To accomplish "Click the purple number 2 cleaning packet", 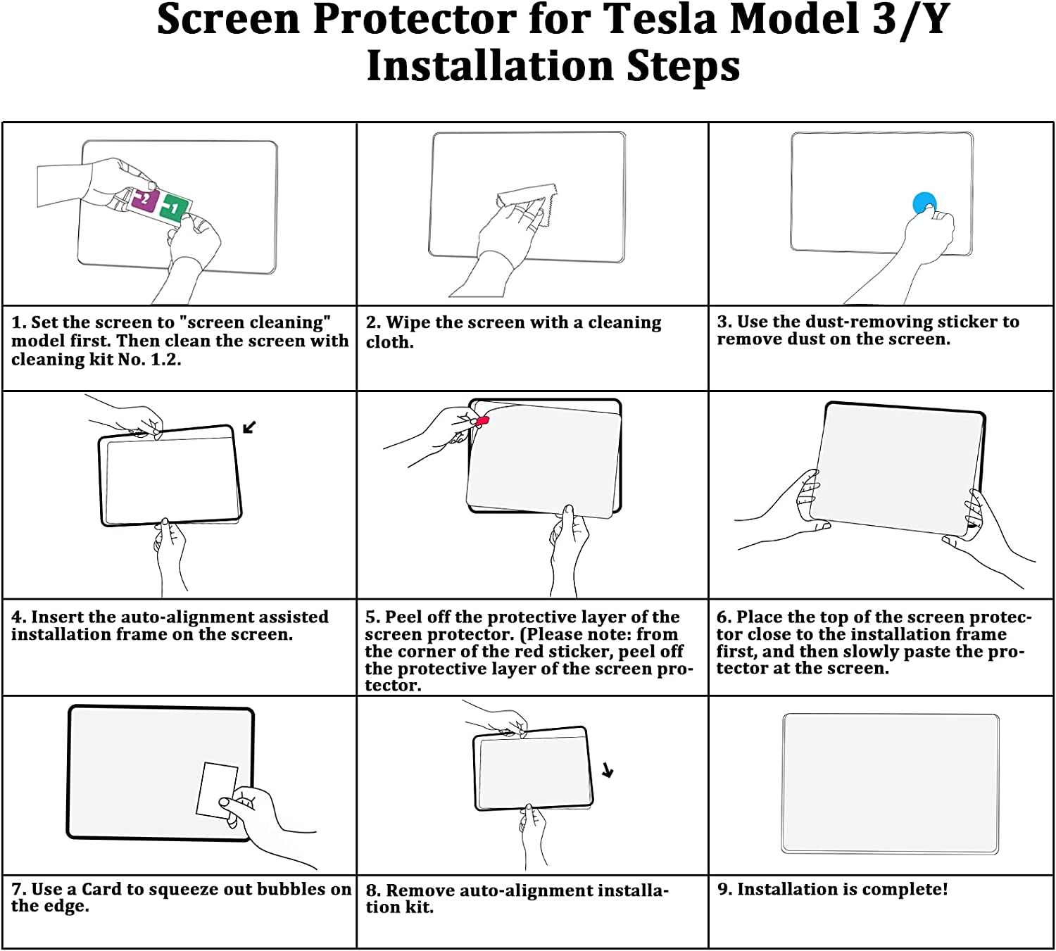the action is [x=144, y=201].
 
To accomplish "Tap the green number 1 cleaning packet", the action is [x=175, y=208].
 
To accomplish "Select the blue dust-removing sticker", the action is [x=924, y=203].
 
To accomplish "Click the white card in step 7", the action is [x=217, y=790].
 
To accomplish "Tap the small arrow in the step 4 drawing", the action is [x=249, y=427].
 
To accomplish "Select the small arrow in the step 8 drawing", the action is [x=608, y=770].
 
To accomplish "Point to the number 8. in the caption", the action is [x=373, y=890].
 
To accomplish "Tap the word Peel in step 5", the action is [x=401, y=617].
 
